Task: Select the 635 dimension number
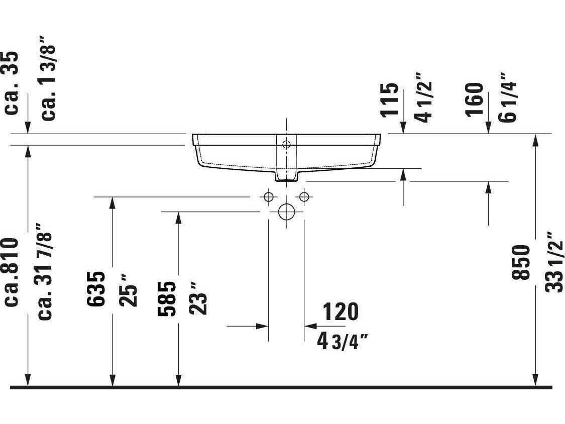click(x=96, y=289)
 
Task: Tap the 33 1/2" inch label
click(x=554, y=262)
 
